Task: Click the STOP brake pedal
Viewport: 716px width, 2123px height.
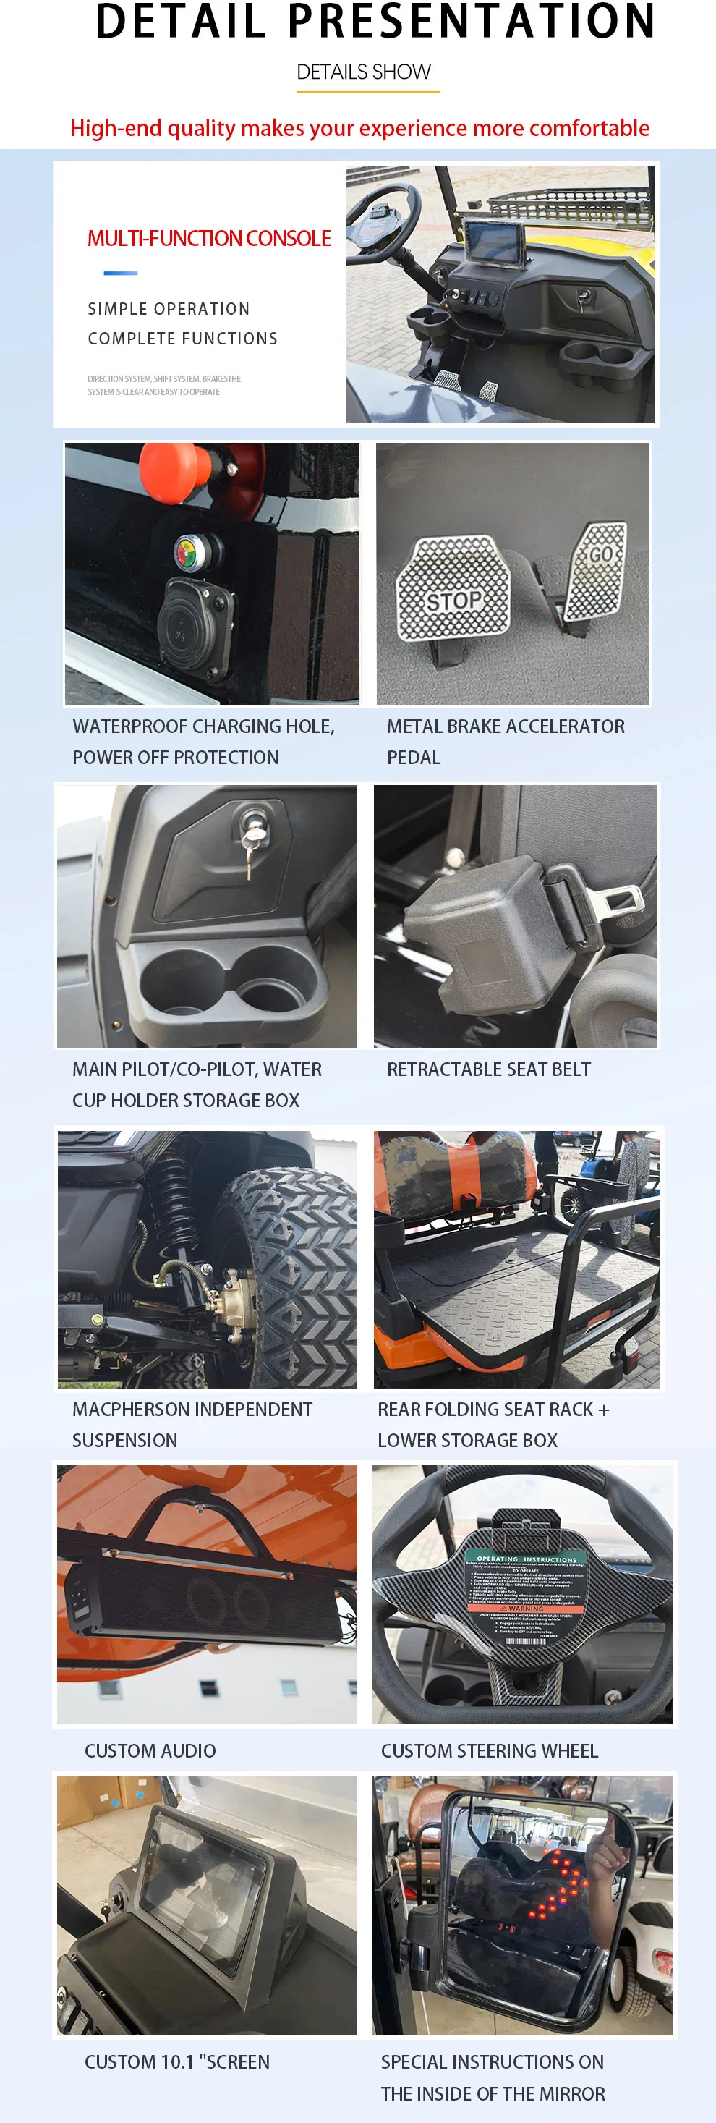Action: (x=453, y=589)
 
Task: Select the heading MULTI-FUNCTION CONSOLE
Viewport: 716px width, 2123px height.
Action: (x=208, y=239)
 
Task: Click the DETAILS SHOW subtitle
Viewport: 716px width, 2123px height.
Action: (x=363, y=72)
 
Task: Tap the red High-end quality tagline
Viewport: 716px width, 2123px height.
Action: (x=360, y=129)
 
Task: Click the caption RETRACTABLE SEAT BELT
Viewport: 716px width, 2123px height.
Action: (x=489, y=1069)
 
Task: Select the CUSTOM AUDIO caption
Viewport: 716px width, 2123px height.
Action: (x=150, y=1751)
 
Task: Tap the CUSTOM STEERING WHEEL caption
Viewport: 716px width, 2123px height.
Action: (x=490, y=1751)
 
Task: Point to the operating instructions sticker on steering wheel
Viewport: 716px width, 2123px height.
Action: (x=525, y=1595)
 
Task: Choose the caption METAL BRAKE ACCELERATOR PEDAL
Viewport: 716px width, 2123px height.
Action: (x=505, y=742)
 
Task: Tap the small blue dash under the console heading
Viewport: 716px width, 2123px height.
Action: (x=120, y=273)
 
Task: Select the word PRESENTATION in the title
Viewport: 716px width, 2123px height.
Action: (x=472, y=23)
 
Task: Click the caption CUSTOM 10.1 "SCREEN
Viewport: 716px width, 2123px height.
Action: (x=177, y=2062)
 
